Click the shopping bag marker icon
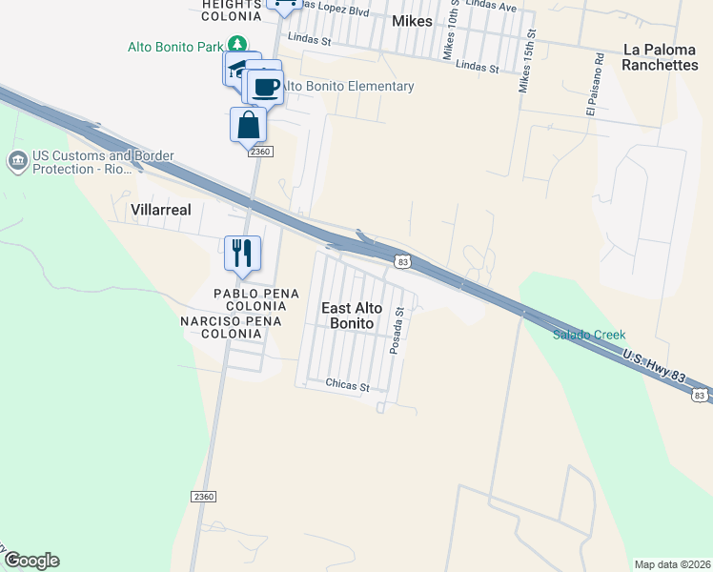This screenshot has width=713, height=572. (248, 125)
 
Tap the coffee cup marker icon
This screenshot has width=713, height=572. (266, 87)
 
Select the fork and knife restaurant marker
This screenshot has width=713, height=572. (242, 254)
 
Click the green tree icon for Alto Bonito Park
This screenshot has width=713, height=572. (237, 45)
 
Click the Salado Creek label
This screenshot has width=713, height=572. (589, 335)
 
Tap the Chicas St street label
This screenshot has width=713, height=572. (347, 386)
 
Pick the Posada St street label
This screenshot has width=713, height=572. (399, 331)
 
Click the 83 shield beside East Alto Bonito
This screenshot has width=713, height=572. (404, 261)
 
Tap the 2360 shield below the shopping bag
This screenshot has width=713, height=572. (260, 152)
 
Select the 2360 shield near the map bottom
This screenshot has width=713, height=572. (203, 497)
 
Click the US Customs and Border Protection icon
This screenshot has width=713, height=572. (18, 160)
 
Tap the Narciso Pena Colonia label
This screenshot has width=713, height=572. (231, 328)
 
